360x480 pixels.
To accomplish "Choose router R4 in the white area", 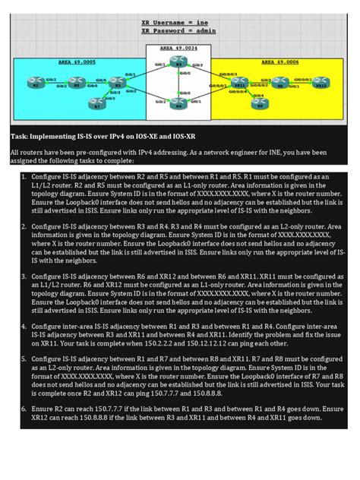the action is (x=178, y=106).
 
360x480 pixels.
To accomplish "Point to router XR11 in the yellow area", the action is (x=242, y=86).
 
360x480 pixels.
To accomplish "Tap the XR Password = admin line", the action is (x=178, y=32).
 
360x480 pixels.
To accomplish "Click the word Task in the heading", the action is (x=19, y=136).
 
